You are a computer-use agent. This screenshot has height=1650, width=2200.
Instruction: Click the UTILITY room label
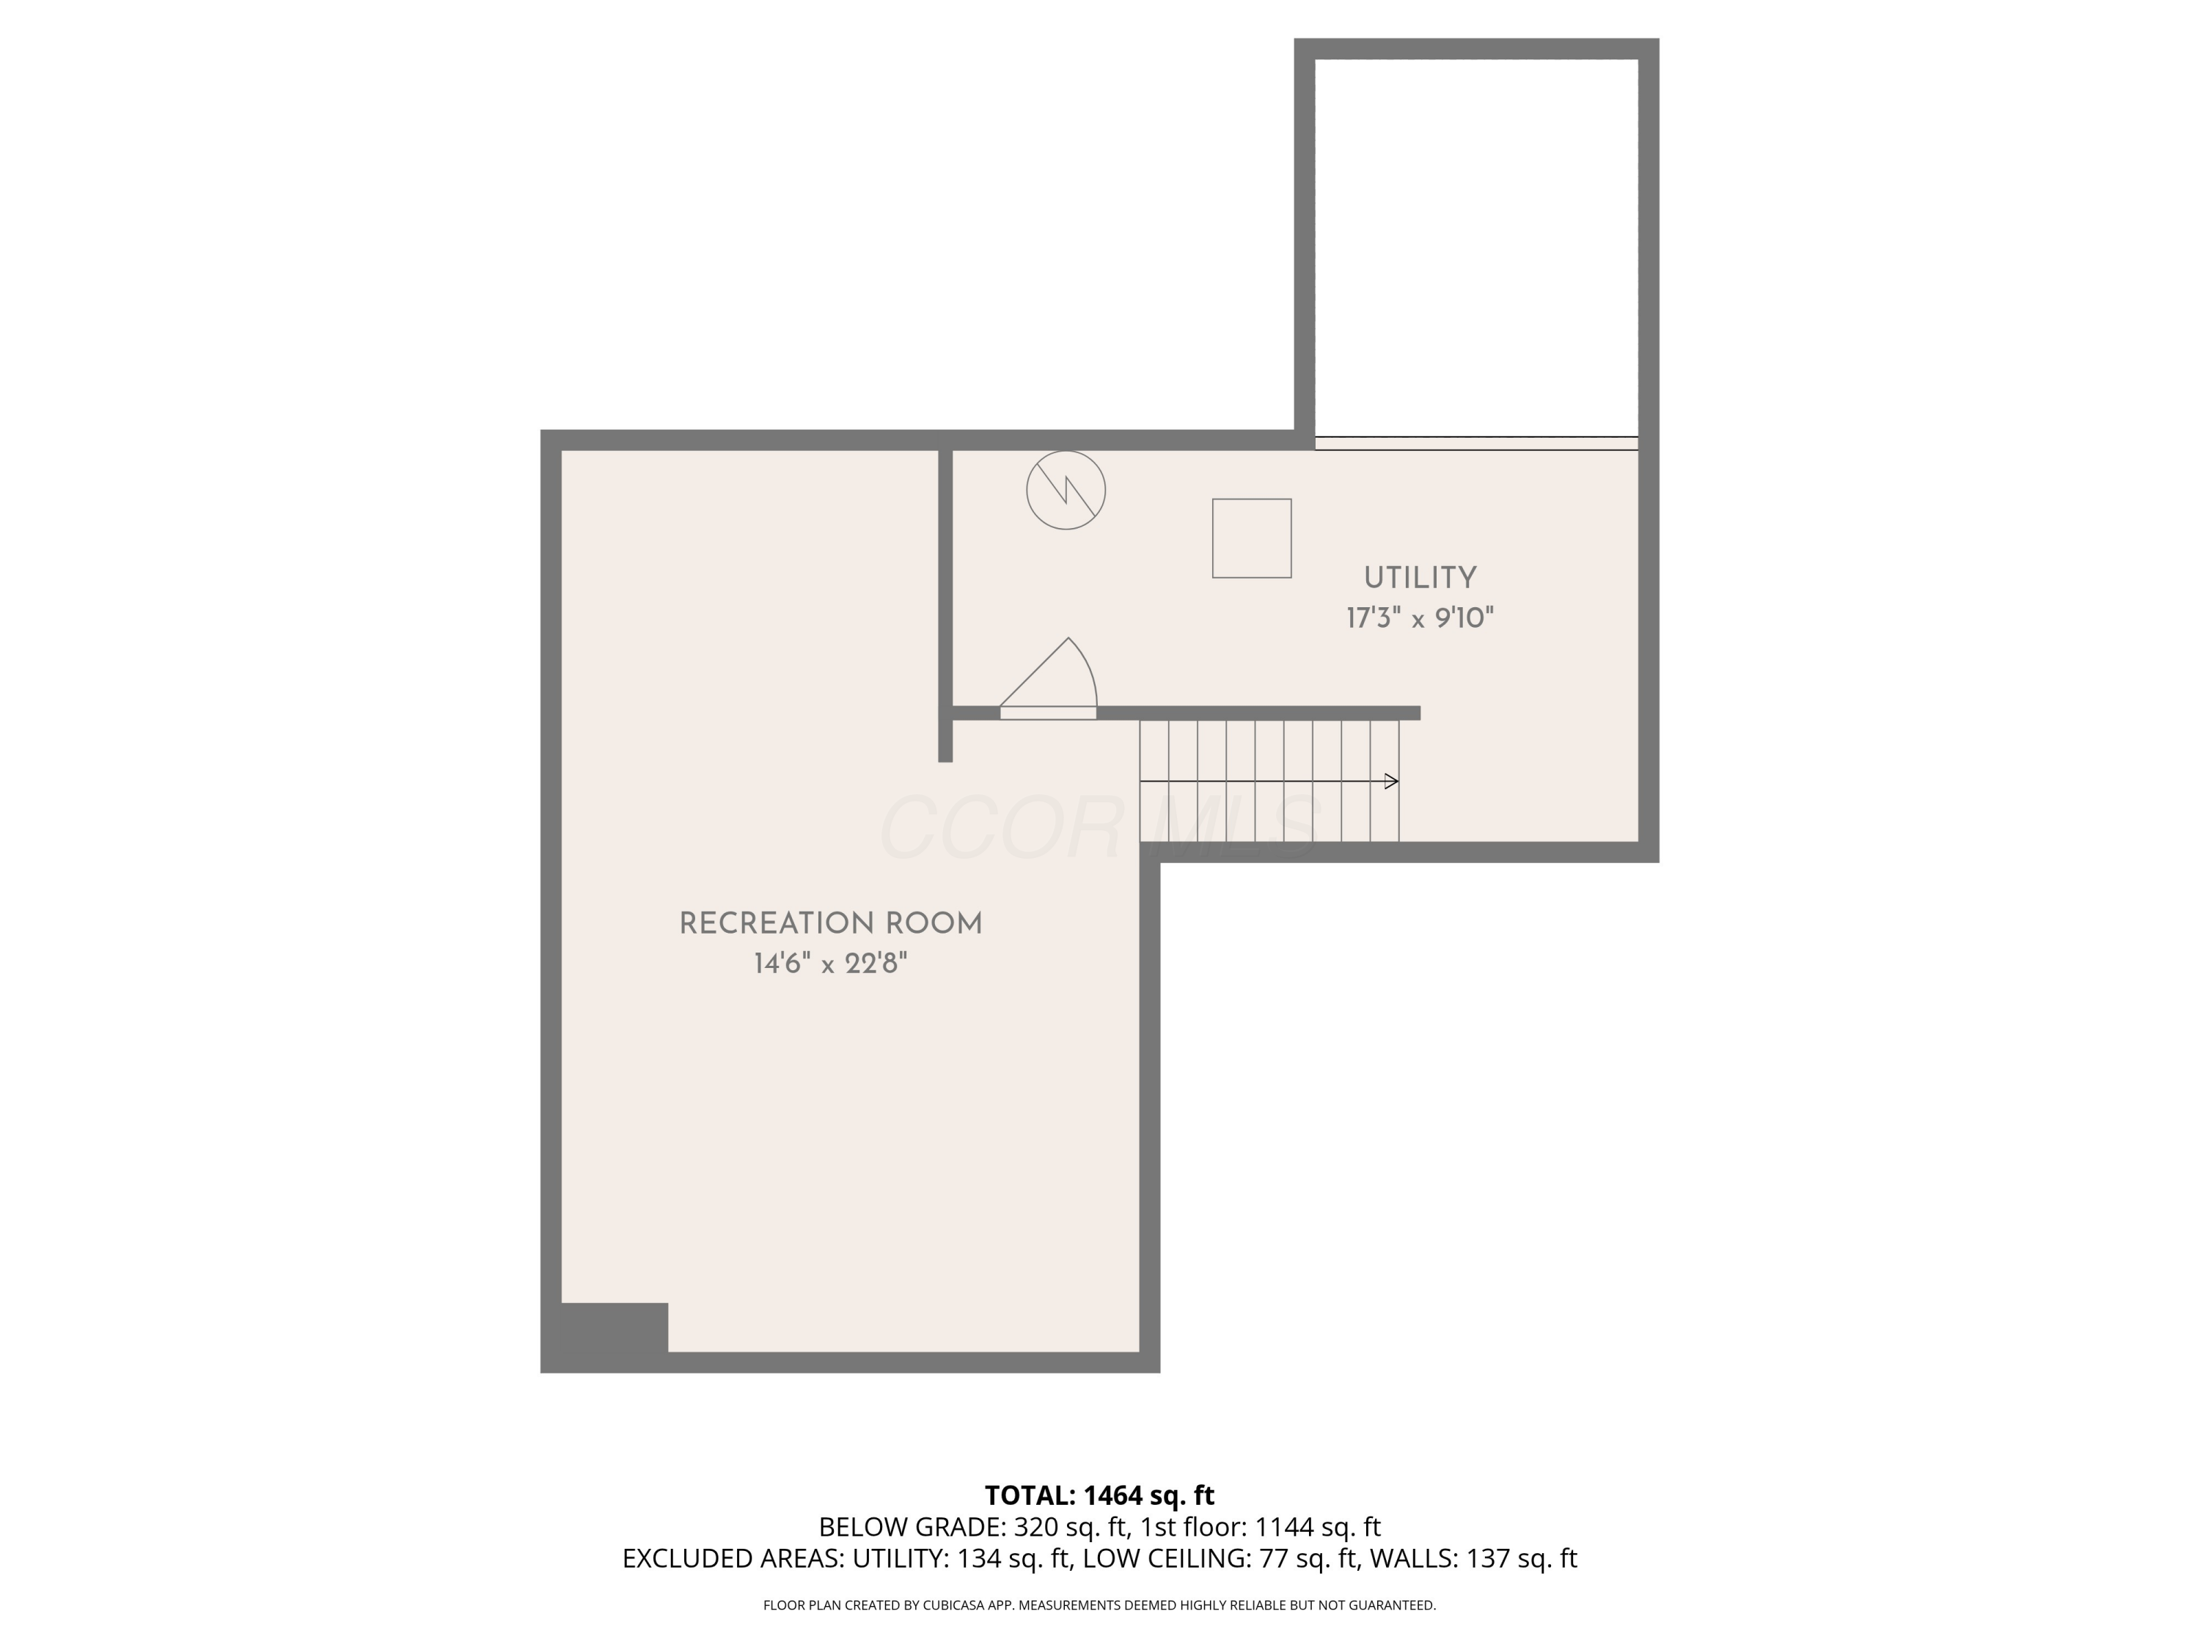point(1419,578)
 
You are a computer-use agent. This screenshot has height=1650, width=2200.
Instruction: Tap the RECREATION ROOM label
point(830,924)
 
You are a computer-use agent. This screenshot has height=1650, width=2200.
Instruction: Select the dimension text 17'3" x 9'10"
point(1419,619)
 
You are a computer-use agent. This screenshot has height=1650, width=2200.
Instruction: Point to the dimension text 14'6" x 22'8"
point(830,964)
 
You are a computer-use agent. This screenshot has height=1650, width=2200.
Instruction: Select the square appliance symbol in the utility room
point(1251,538)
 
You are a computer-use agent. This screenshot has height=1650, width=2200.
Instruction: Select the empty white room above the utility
point(1476,243)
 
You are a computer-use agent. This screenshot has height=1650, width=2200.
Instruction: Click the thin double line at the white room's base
point(1476,444)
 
